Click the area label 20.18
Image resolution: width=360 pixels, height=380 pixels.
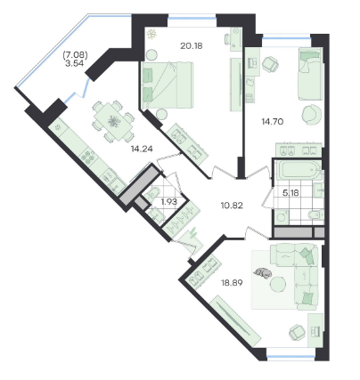(192, 46)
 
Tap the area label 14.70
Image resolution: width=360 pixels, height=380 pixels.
(273, 121)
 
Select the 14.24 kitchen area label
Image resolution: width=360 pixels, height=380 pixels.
(142, 149)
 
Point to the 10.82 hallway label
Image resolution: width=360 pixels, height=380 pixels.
(232, 205)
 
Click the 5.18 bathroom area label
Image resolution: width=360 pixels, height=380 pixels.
(290, 193)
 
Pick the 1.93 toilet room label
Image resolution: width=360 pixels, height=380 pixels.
(168, 202)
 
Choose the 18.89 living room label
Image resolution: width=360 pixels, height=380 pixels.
(232, 283)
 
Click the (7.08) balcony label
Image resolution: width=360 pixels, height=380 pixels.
(75, 54)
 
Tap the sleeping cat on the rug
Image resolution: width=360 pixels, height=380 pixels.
(263, 272)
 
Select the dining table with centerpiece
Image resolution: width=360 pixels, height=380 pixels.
(113, 121)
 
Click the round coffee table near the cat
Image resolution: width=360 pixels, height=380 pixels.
(278, 285)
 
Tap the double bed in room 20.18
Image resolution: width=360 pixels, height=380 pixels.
(167, 85)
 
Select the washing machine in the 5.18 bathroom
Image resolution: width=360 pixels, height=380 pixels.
(282, 216)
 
